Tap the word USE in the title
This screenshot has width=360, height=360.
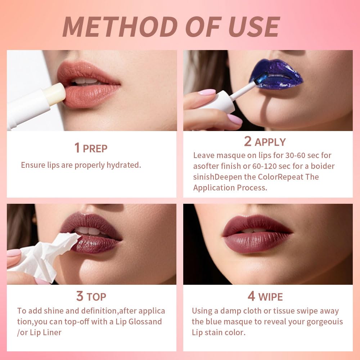click(249, 27)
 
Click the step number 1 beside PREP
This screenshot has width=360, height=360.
click(77, 148)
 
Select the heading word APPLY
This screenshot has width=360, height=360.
click(270, 142)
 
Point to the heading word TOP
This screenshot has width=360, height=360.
click(96, 297)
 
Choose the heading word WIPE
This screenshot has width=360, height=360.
click(270, 297)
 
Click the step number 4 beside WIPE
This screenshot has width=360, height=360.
click(251, 296)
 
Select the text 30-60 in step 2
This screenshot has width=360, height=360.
click(285, 156)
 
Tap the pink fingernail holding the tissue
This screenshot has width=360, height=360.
click(14, 253)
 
